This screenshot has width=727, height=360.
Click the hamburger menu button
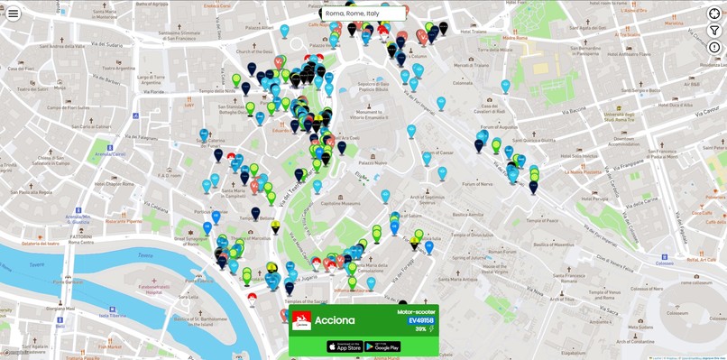click(x=14, y=14)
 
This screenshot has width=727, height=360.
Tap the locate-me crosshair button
click(x=714, y=14)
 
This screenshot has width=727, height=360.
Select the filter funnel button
click(x=714, y=30)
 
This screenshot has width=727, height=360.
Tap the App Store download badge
click(x=344, y=346)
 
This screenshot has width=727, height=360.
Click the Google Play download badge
click(x=382, y=346)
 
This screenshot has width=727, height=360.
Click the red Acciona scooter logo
click(x=301, y=320)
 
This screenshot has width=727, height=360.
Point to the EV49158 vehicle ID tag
click(x=420, y=320)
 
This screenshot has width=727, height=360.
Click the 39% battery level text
click(x=420, y=329)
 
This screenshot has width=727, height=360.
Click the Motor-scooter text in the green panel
click(x=416, y=311)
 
